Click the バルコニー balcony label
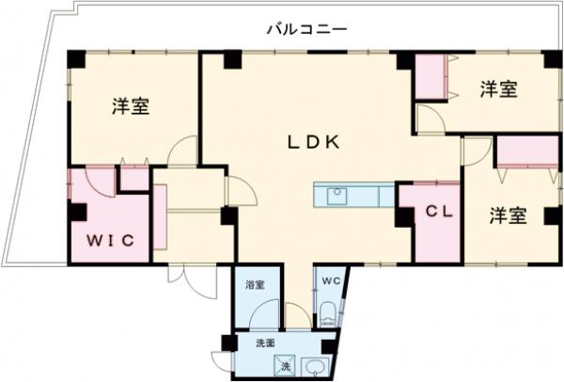306,29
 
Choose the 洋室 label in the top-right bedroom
498,90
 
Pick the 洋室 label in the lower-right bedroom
507,215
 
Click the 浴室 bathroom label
255,283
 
